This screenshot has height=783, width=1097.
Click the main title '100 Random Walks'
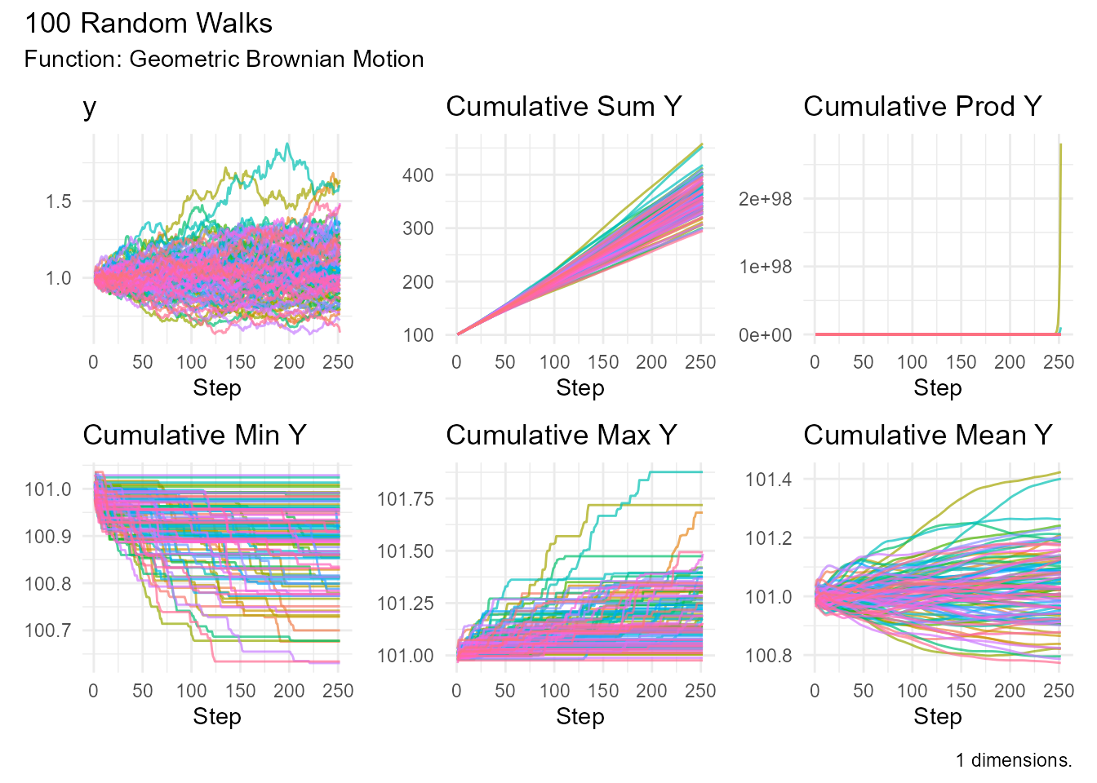tap(149, 24)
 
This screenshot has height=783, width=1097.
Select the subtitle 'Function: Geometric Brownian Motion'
tap(224, 60)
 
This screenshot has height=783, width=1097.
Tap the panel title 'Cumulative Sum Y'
tap(563, 107)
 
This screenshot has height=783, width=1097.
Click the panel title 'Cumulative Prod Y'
tap(922, 107)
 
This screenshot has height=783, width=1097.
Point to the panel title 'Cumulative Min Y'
tap(194, 436)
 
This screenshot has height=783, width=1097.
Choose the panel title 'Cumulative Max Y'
tap(562, 436)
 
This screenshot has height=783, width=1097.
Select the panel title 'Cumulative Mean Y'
tap(927, 436)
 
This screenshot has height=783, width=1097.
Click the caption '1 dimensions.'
tap(1014, 760)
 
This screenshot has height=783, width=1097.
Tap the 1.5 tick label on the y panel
tap(59, 201)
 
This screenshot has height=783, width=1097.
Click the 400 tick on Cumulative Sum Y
tap(418, 175)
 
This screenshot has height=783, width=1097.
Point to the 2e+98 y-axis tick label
tap(765, 199)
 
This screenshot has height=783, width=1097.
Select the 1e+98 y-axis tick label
tap(765, 267)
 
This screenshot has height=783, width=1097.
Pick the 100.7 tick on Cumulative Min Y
tap(48, 630)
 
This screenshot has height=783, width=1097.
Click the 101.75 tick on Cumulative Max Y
tap(405, 499)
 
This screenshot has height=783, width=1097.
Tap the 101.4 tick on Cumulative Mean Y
tap(768, 480)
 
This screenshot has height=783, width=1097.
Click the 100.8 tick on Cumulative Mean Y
tap(768, 656)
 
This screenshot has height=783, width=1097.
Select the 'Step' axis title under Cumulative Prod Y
tap(937, 388)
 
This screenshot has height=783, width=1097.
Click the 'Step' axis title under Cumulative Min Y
tap(216, 717)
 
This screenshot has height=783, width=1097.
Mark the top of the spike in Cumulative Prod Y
tap(1060, 145)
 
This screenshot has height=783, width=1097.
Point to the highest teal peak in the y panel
tap(287, 145)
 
